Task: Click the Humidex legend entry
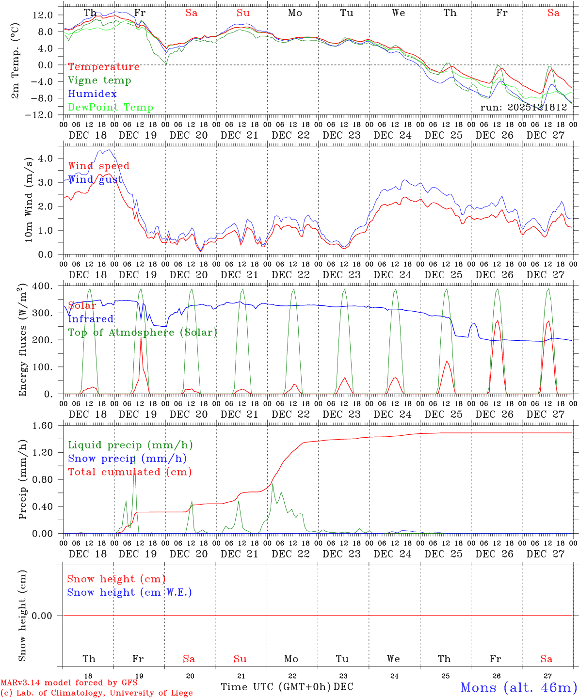85,94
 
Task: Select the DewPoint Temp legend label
111,108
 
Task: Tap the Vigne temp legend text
99,80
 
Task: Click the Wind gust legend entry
95,180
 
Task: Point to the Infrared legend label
91,319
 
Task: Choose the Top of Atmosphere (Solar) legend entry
143,333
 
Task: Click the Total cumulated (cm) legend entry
129,472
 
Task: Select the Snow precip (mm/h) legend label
127,459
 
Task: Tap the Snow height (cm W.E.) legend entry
129,592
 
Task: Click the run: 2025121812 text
523,108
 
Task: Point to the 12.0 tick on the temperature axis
43,15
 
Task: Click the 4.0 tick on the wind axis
45,158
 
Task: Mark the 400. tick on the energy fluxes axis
43,286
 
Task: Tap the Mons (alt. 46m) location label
518,687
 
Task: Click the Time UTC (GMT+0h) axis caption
276,687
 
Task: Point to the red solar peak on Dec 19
141,338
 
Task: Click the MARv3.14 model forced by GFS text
69,683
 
